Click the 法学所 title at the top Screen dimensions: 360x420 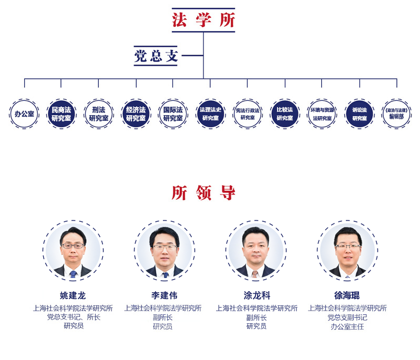click(x=203, y=20)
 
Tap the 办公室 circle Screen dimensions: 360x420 click(x=24, y=114)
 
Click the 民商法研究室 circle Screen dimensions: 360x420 click(x=62, y=114)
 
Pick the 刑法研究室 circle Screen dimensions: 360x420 click(x=98, y=114)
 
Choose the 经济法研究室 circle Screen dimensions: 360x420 click(x=136, y=114)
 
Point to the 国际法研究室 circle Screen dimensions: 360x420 click(x=173, y=114)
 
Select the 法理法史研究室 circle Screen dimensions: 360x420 click(x=210, y=114)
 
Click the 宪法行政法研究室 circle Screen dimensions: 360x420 click(x=248, y=114)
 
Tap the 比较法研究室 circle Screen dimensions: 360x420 click(x=285, y=114)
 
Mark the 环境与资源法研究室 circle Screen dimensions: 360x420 click(x=322, y=114)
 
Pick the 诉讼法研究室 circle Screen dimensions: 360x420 click(x=360, y=114)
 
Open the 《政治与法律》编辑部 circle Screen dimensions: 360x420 click(x=396, y=114)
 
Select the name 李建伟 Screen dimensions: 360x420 click(x=164, y=295)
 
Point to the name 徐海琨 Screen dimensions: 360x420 click(x=347, y=295)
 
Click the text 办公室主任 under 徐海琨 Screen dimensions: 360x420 click(x=347, y=326)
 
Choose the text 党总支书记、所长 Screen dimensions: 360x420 click(x=73, y=317)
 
